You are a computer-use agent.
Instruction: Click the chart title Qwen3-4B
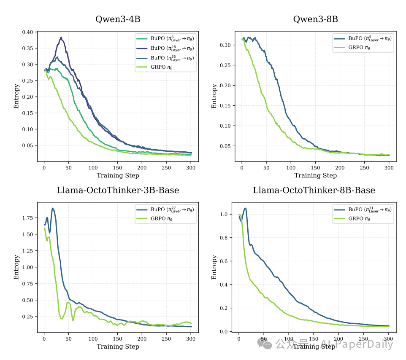[118, 19]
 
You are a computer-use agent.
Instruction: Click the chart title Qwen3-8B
[315, 19]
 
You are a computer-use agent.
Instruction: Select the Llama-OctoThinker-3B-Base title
[118, 190]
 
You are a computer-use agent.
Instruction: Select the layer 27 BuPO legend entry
[166, 209]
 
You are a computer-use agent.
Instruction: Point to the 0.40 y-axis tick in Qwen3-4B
[27, 32]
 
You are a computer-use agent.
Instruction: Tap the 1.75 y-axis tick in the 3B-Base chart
[27, 218]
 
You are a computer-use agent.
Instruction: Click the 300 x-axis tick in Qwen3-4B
[191, 168]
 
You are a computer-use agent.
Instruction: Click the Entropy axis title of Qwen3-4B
[17, 97]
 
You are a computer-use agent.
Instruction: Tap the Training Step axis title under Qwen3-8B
[315, 175]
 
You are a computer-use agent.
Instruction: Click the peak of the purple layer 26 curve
[61, 37]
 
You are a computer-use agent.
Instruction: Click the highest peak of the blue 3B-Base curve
[52, 208]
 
